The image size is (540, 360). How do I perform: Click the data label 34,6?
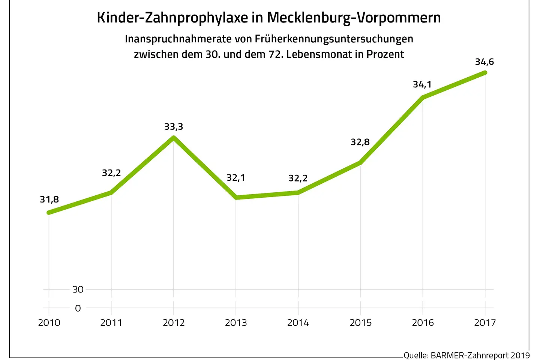[484, 62]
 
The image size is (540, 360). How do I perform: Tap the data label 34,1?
[422, 84]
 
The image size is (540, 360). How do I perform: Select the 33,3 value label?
[174, 127]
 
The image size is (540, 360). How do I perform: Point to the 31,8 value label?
[49, 199]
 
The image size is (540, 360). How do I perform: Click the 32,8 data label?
[360, 142]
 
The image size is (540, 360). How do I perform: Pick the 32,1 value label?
[236, 178]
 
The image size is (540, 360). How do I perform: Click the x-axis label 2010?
[49, 323]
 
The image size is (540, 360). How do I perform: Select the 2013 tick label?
[236, 323]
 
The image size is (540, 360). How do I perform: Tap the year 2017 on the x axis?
[485, 323]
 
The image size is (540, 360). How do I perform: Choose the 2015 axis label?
[360, 323]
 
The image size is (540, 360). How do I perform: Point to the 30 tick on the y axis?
[78, 289]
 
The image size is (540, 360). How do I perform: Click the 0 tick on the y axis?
[78, 308]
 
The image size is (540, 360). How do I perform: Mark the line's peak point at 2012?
[174, 138]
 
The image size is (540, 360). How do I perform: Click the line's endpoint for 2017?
[485, 72]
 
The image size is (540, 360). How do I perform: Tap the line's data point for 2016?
[423, 98]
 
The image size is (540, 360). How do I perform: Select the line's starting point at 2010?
[49, 213]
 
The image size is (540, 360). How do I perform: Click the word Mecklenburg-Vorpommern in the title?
[354, 18]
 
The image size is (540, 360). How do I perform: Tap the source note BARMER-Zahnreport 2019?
[480, 355]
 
